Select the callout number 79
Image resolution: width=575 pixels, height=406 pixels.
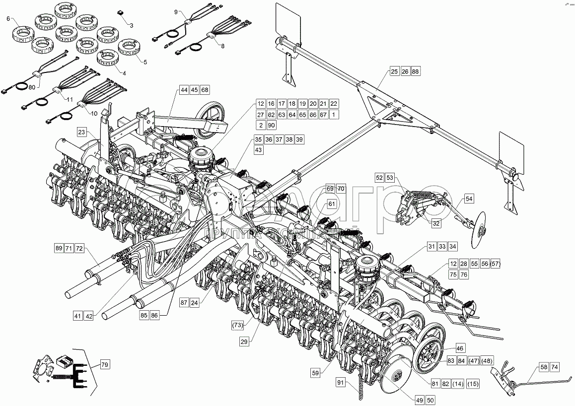point(104,365)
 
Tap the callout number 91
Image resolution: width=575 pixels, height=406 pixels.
point(341,382)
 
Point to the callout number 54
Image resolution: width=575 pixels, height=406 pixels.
point(469,199)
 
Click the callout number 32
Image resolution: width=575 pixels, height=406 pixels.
point(436,224)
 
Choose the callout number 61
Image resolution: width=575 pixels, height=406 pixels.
point(332,204)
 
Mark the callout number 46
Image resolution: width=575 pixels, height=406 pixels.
point(460,349)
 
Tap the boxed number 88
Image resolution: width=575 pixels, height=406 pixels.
point(416,72)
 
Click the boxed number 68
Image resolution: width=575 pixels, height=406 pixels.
point(205,90)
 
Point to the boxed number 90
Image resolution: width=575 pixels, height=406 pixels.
point(271,125)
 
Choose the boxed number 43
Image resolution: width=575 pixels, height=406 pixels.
point(258,149)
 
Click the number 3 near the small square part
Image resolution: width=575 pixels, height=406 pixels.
point(131,24)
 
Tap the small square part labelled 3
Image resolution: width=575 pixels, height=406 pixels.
point(120,11)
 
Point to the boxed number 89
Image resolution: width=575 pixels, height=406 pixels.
point(59,248)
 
